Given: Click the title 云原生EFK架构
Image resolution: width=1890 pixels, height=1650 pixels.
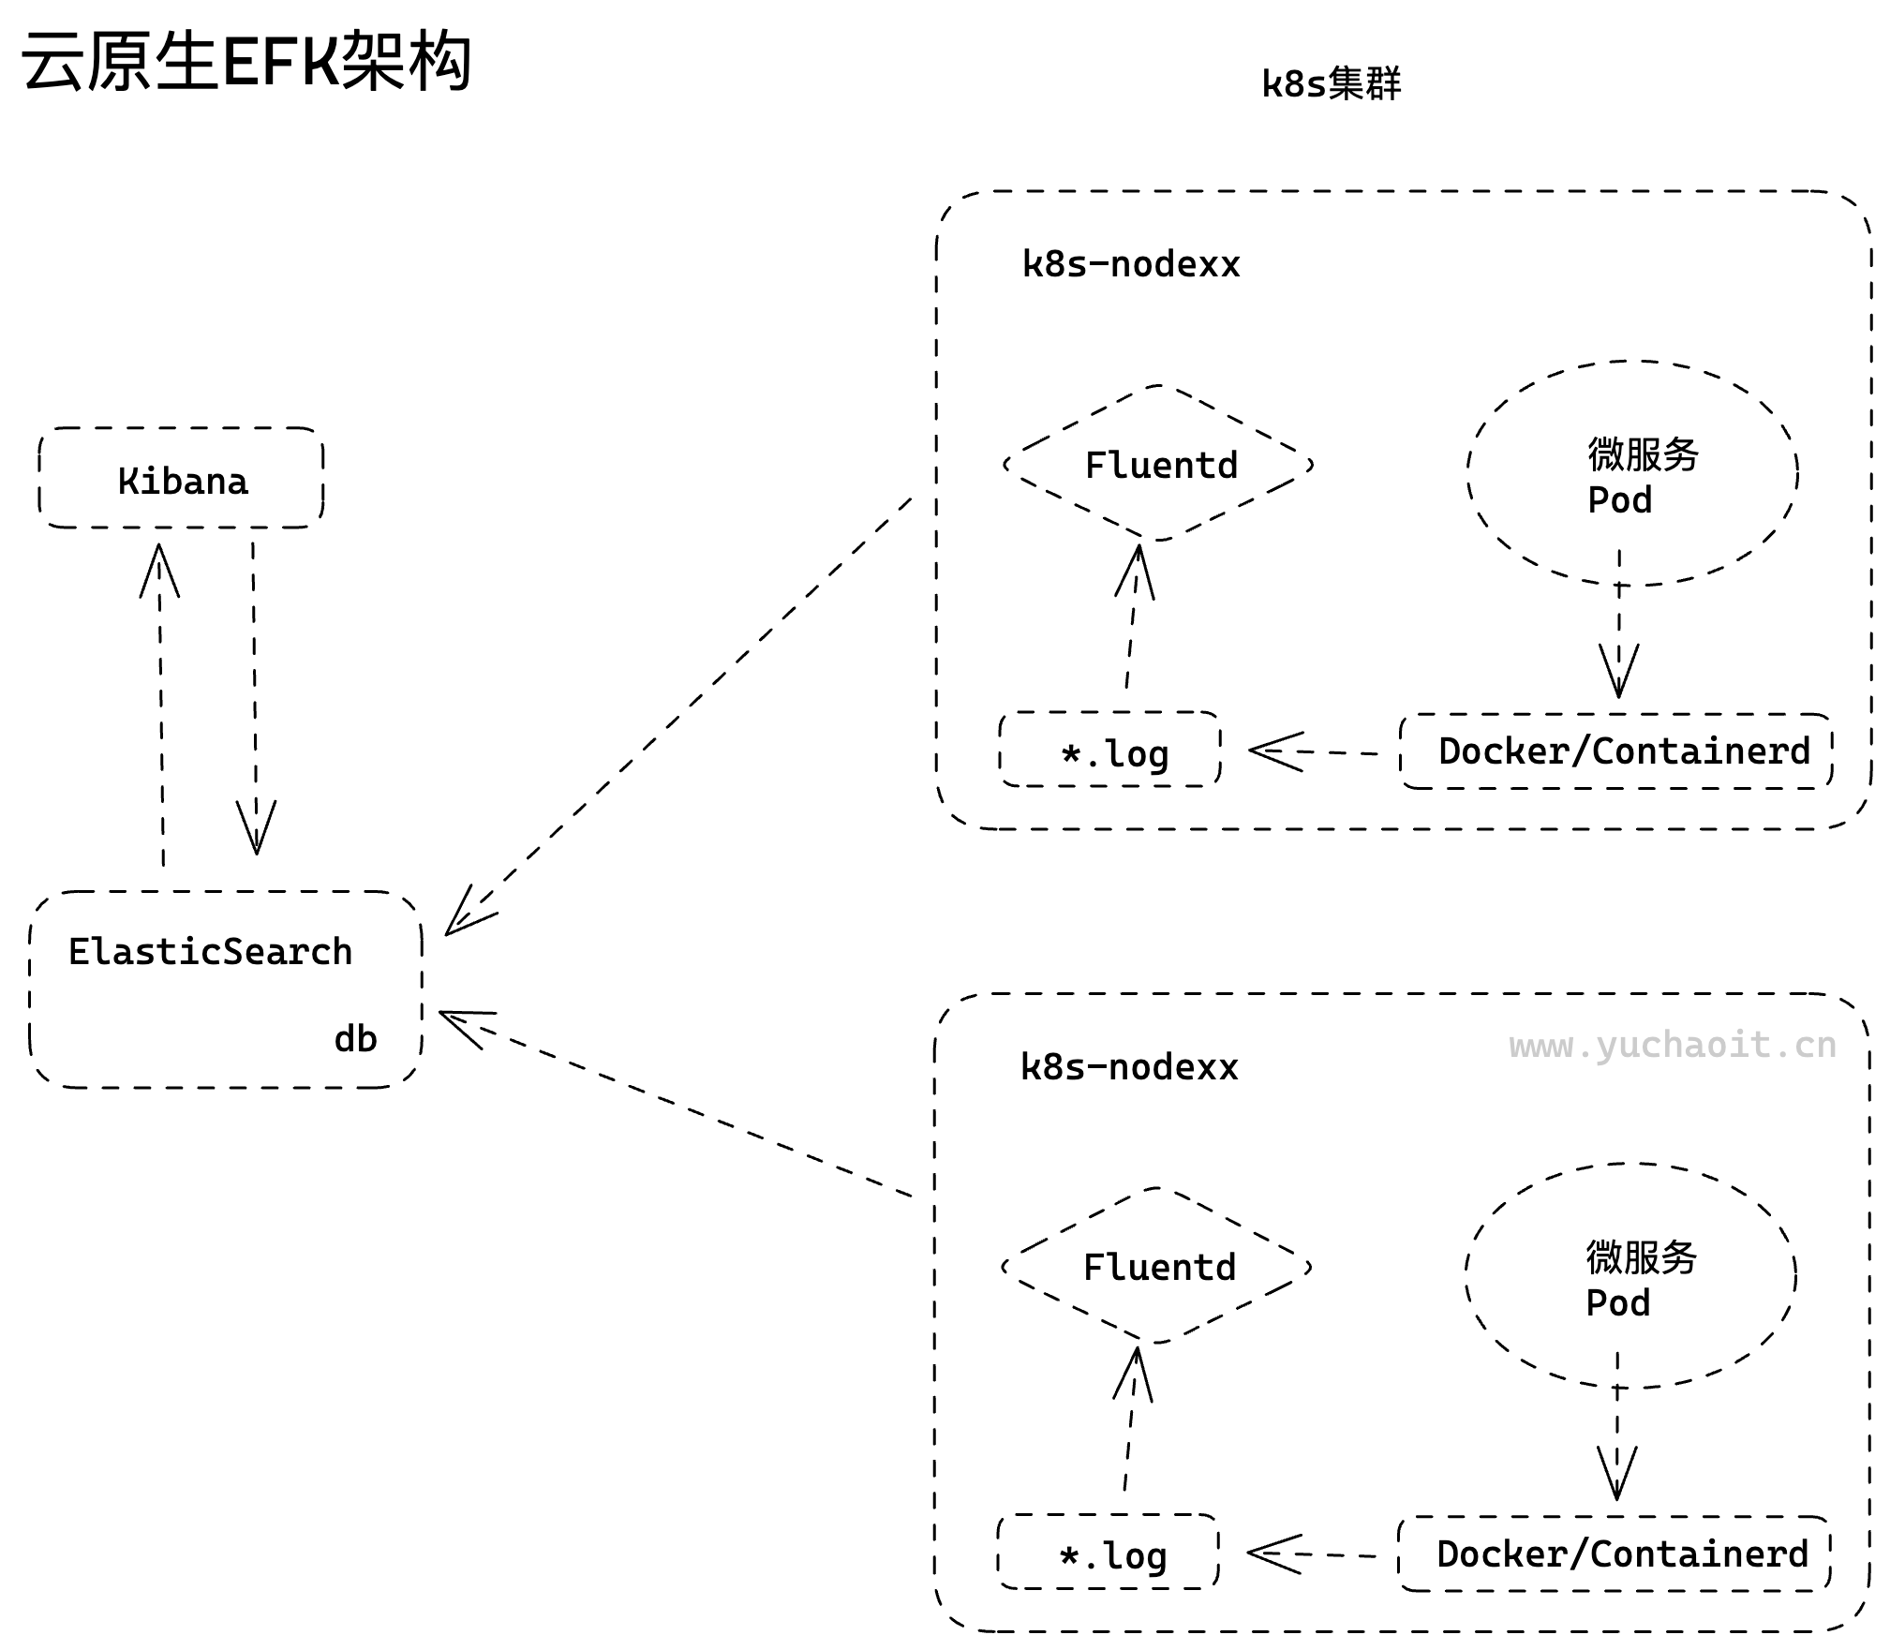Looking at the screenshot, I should [x=246, y=62].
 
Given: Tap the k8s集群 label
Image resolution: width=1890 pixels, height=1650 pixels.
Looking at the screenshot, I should [x=1330, y=84].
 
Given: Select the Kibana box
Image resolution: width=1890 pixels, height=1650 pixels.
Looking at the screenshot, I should [x=181, y=479].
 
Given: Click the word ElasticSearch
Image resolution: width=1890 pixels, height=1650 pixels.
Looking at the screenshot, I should [x=210, y=951].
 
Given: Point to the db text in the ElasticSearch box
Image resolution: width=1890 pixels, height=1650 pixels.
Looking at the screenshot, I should [x=355, y=1038].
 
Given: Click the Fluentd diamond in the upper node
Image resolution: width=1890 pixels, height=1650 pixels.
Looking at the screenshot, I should [x=1159, y=465].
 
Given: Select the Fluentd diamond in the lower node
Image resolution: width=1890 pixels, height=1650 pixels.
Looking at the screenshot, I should [x=1157, y=1267].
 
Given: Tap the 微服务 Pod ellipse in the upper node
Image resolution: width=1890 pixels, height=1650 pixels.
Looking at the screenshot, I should [x=1631, y=474].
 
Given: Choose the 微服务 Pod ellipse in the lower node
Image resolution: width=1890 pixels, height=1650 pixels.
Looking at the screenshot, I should [x=1630, y=1277].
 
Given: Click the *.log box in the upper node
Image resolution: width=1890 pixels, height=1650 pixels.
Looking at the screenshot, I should [x=1111, y=751].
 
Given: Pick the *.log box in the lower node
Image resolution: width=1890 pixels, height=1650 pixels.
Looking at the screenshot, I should [x=1109, y=1554].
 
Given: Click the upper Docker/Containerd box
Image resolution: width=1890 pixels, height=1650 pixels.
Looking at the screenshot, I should [x=1617, y=751].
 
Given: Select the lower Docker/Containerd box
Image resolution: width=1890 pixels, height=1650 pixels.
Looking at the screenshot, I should [x=1615, y=1554].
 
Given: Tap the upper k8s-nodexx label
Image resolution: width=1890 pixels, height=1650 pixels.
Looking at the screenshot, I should [x=1130, y=264].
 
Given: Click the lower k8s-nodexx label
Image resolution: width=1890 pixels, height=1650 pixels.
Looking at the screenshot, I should [x=1128, y=1067].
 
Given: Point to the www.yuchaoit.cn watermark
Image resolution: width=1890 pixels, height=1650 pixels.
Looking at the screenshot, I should [x=1672, y=1045].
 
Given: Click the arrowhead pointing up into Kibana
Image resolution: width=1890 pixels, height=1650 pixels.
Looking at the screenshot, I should [x=159, y=567].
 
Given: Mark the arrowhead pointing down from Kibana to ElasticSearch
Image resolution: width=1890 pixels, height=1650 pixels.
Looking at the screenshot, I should [x=256, y=830].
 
